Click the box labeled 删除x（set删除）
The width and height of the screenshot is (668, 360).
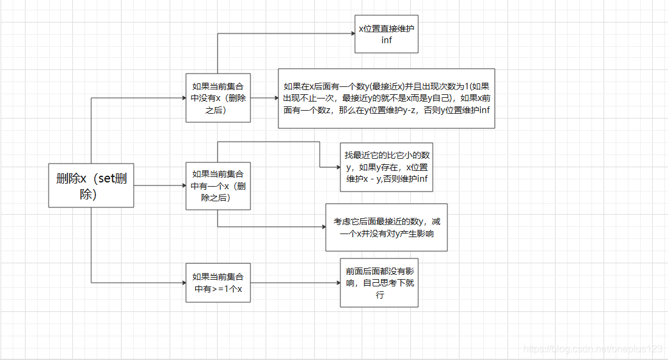pyautogui.click(x=91, y=185)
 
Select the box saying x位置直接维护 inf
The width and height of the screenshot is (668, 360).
pyautogui.click(x=387, y=34)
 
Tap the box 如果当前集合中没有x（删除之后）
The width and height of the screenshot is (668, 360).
pyautogui.click(x=218, y=97)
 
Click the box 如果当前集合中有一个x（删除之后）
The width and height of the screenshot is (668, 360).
pyautogui.click(x=218, y=185)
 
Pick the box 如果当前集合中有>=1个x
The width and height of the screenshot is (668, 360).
pyautogui.click(x=218, y=283)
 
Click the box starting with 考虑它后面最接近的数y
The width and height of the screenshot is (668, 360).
pyautogui.click(x=387, y=227)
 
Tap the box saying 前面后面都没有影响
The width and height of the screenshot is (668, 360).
pyautogui.click(x=379, y=283)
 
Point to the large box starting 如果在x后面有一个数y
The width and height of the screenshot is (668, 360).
pyautogui.click(x=387, y=98)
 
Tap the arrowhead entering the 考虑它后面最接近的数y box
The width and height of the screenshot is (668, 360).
pyautogui.click(x=323, y=227)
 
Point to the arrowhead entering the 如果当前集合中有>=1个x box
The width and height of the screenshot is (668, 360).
pyautogui.click(x=183, y=283)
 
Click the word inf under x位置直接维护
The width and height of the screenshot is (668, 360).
pyautogui.click(x=387, y=40)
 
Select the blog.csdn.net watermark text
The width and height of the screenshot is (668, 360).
pyautogui.click(x=593, y=348)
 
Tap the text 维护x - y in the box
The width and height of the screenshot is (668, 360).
pyautogui.click(x=368, y=179)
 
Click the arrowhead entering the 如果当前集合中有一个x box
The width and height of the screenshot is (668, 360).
pyautogui.click(x=183, y=185)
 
